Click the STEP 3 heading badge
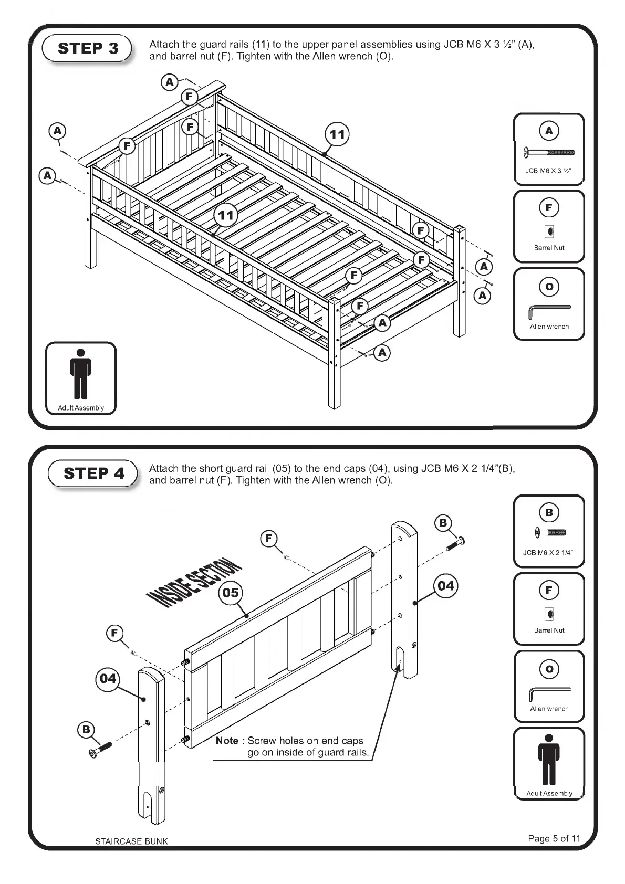(x=88, y=48)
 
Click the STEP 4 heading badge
(x=93, y=473)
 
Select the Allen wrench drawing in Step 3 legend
(x=549, y=311)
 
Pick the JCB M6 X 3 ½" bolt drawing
(x=549, y=153)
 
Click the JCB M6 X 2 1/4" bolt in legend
(x=549, y=533)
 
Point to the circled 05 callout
(x=231, y=593)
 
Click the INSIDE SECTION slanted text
(x=194, y=583)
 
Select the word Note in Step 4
(x=227, y=741)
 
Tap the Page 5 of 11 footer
(x=554, y=838)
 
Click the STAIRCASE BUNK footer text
(x=131, y=841)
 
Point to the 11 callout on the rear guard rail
(x=337, y=134)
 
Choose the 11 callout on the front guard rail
(x=226, y=215)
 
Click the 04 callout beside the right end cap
(x=445, y=585)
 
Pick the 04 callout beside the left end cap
(x=108, y=678)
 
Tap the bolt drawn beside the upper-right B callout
(x=456, y=543)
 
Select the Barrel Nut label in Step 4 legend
(x=549, y=630)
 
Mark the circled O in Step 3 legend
(x=549, y=287)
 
